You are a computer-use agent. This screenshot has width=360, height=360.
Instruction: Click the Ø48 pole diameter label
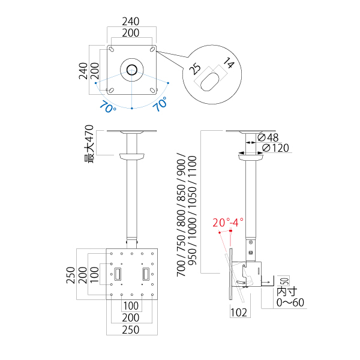click(x=268, y=137)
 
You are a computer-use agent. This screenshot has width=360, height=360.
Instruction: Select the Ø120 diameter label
click(x=275, y=148)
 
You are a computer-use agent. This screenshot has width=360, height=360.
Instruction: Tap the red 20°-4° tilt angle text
click(x=228, y=223)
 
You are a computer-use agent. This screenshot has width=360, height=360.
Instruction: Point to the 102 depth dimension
click(x=239, y=313)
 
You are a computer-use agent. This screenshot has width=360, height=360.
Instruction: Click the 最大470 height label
click(x=89, y=144)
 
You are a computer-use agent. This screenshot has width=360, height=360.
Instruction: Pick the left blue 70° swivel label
click(x=107, y=106)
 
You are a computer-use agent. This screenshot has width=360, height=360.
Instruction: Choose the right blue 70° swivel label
click(x=160, y=104)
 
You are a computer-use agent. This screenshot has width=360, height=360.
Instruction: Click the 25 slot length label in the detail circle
click(x=195, y=69)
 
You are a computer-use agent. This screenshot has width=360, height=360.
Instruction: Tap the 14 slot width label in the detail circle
click(x=229, y=63)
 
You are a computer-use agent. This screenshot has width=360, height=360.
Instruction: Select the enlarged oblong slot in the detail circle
click(x=209, y=82)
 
